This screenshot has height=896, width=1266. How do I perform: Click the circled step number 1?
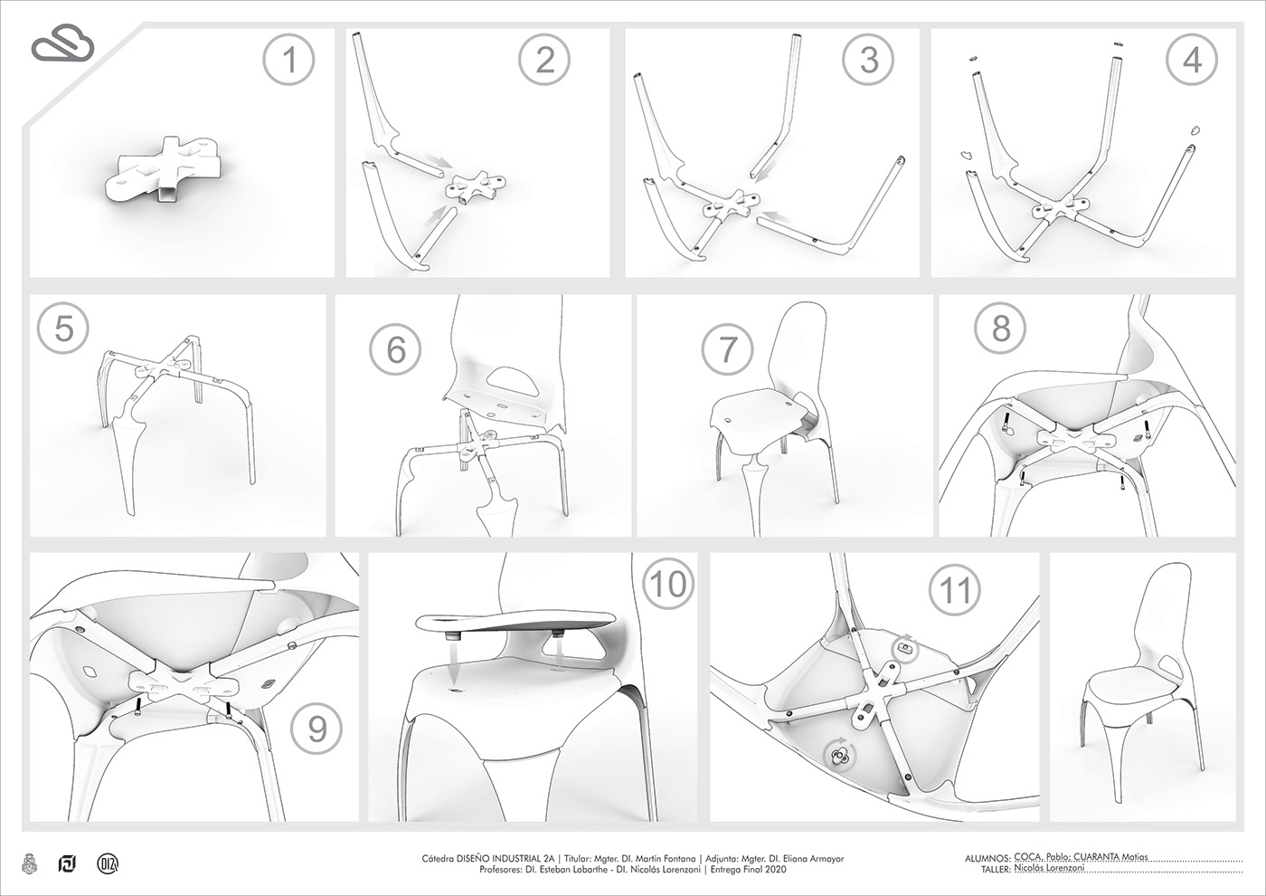click(x=289, y=61)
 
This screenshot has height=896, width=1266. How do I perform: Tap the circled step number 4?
click(x=1192, y=61)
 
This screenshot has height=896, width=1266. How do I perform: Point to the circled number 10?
click(x=668, y=584)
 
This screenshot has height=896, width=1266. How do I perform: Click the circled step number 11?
click(x=956, y=590)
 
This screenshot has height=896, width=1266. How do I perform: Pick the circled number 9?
click(x=316, y=729)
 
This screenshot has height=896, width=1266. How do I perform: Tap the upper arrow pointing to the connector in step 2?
click(x=440, y=163)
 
